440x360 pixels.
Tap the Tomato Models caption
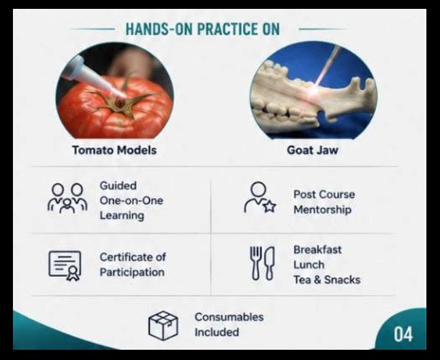point(114,150)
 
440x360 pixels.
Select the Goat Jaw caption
point(313,150)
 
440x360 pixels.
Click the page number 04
point(403,334)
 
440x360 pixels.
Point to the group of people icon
point(67,198)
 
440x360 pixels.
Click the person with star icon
point(260,197)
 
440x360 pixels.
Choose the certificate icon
point(65,266)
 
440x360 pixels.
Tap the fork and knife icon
point(262,263)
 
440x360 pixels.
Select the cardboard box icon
point(163,325)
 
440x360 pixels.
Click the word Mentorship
point(322,210)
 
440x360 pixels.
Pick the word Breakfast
point(317,250)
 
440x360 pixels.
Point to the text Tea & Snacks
point(327,280)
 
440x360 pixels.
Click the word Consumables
point(230,317)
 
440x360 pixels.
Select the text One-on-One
point(131,200)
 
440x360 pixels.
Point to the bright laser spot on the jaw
point(317,89)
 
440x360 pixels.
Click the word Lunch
point(309,265)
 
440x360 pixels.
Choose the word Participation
point(132,273)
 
